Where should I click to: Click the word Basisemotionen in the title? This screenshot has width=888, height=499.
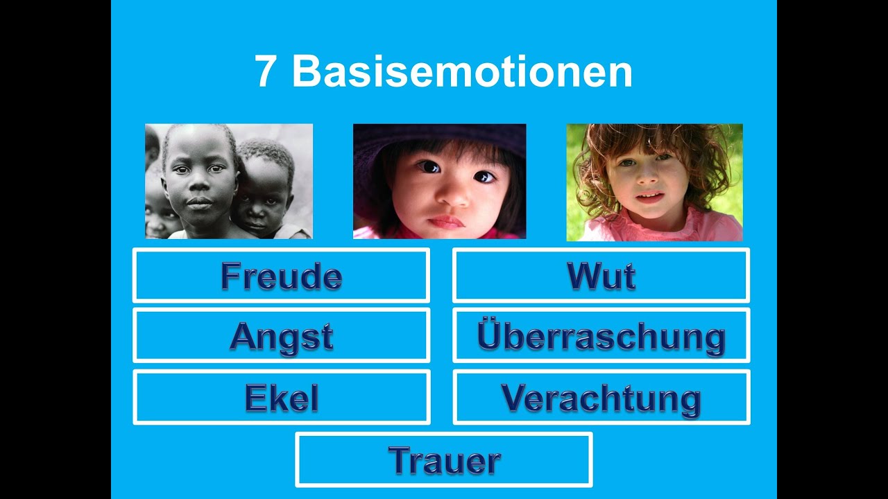(x=462, y=71)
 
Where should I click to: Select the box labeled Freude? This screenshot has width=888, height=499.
(x=281, y=276)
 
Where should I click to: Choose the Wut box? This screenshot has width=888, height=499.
(x=601, y=276)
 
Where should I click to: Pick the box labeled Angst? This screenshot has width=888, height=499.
(x=281, y=336)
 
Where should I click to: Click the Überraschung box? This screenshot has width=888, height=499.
(x=601, y=336)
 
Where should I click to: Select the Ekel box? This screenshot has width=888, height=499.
(x=281, y=398)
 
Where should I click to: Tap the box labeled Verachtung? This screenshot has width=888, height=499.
(x=601, y=398)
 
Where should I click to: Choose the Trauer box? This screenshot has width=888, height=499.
(x=444, y=460)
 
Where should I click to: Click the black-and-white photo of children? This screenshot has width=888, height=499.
(x=229, y=182)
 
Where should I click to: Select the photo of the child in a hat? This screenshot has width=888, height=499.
(x=439, y=182)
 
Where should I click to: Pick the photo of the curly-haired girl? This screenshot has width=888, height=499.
(x=654, y=182)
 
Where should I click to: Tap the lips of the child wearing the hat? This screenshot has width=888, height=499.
(x=446, y=222)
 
